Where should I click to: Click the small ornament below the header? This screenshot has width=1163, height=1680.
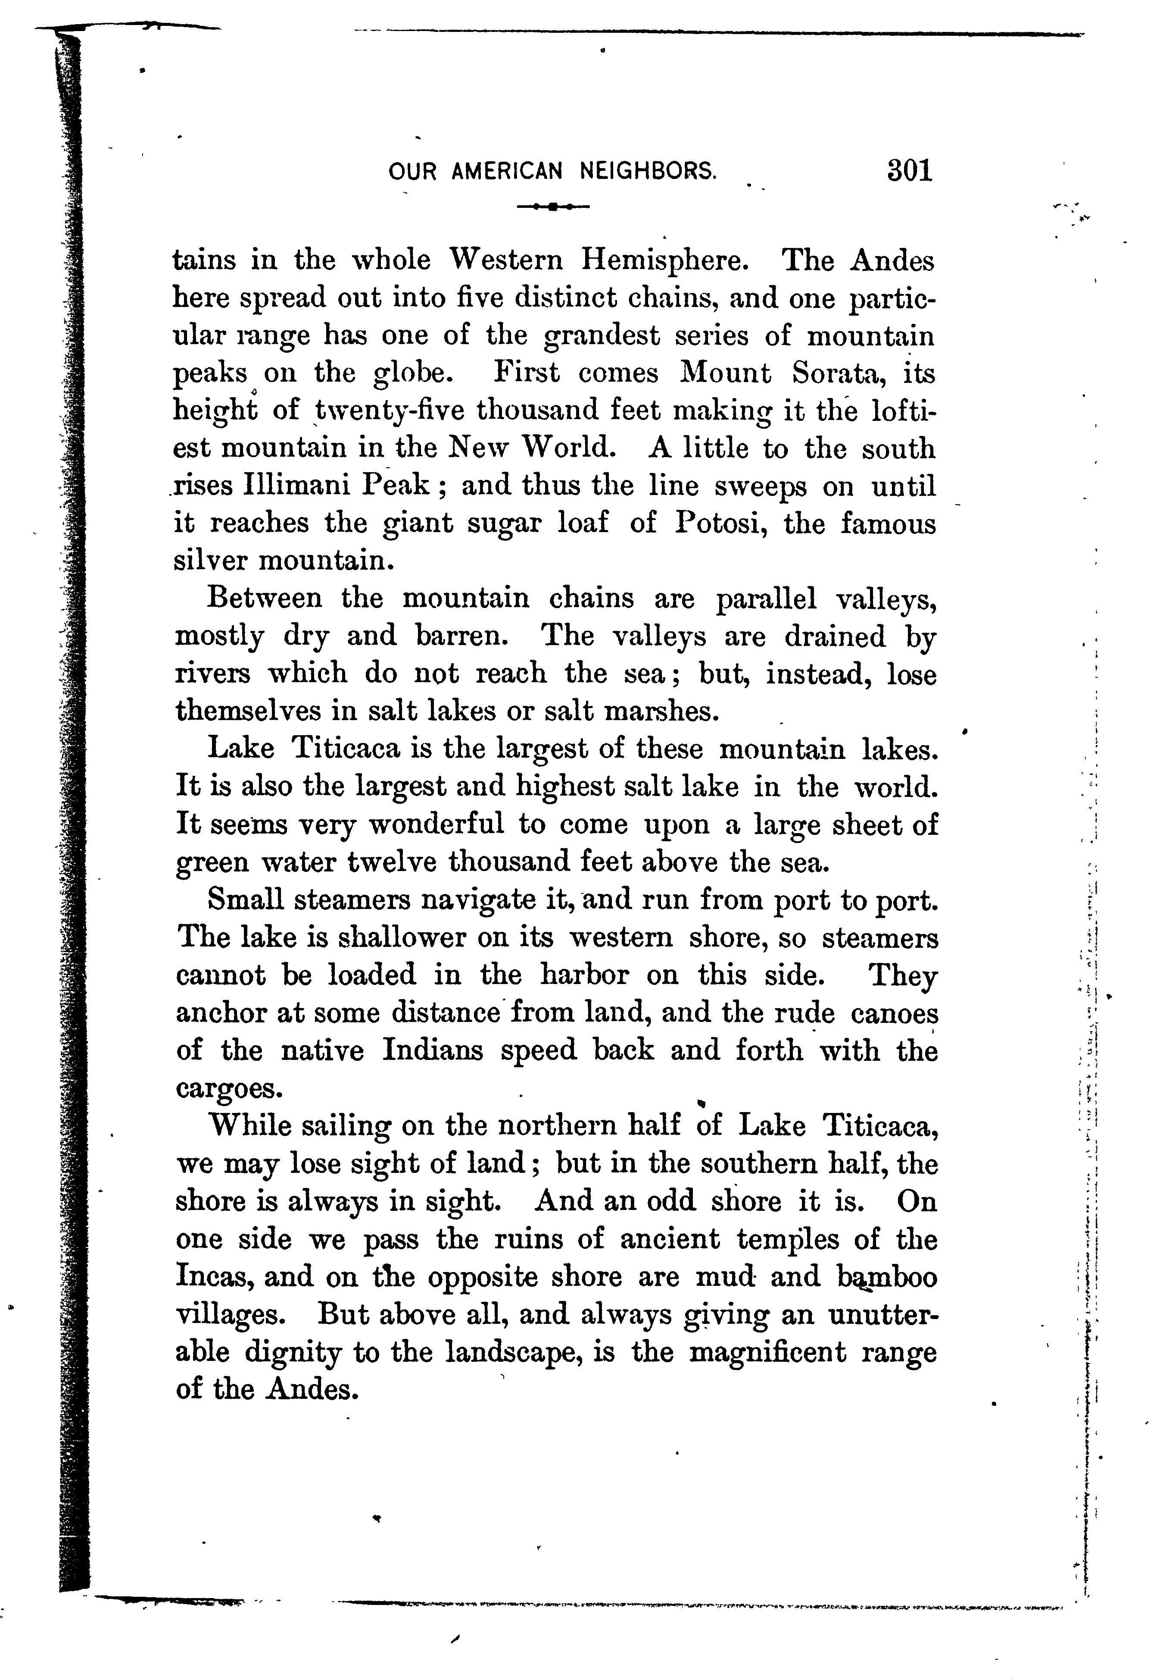coord(553,207)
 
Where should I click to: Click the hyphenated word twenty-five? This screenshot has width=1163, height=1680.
coord(390,411)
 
